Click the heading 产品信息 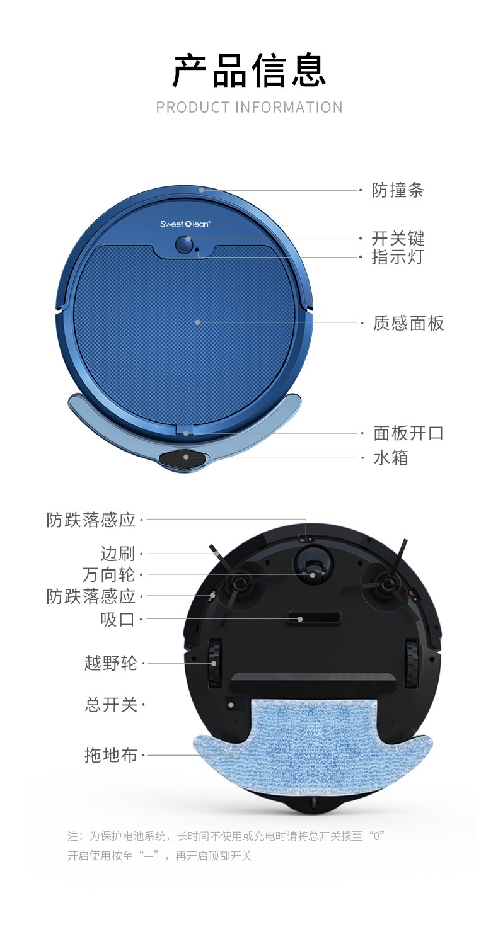tap(249, 71)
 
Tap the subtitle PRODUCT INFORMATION tap(250, 108)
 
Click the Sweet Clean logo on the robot tap(185, 224)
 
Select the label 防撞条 tap(398, 190)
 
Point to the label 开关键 tap(398, 239)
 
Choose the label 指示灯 tap(398, 257)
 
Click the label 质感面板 tap(408, 323)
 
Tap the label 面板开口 tap(408, 433)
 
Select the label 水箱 tap(391, 458)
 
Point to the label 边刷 tap(118, 554)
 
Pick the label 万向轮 tap(109, 574)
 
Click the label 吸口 tap(118, 620)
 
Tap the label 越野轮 tap(110, 663)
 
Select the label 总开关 tap(110, 705)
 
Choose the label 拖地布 tap(110, 755)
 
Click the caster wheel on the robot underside tap(313, 569)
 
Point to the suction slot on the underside tap(315, 618)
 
